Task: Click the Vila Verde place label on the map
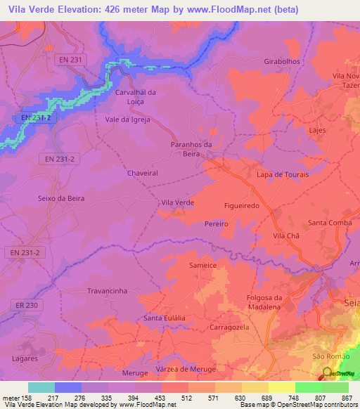point(177,202)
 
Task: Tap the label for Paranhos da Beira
point(191,148)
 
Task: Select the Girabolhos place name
point(282,61)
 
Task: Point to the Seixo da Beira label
point(60,199)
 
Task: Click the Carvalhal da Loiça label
point(135,97)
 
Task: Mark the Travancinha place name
point(106,290)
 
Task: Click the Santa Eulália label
point(165,318)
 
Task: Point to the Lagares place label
point(25,358)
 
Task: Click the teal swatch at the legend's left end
point(41,387)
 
